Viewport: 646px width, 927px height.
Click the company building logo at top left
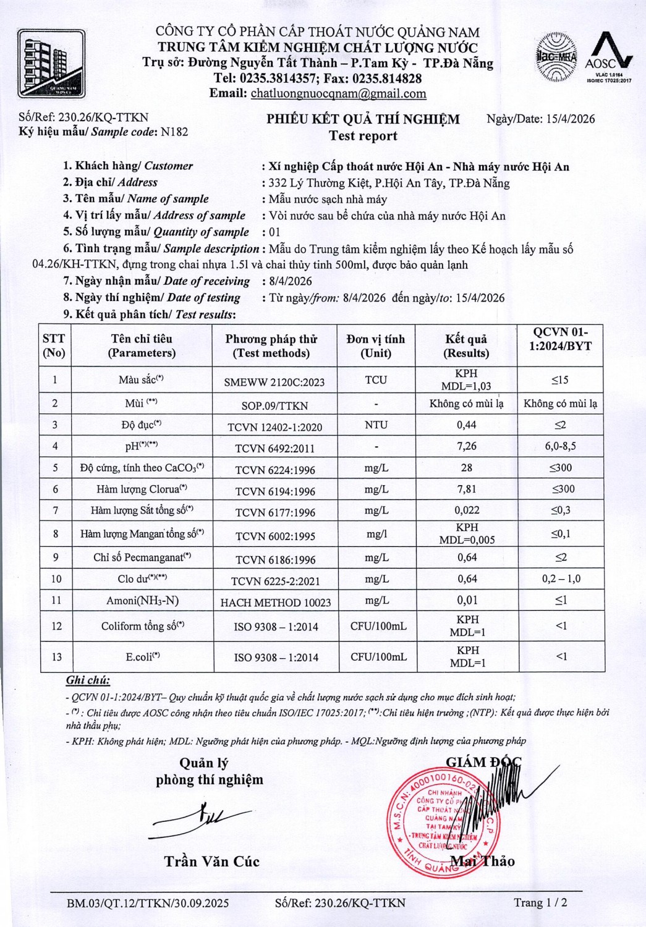tap(51, 64)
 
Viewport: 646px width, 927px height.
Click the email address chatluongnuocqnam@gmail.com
tap(338, 94)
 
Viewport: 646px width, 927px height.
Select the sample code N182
tap(174, 132)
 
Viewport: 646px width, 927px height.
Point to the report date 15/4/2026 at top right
tap(571, 119)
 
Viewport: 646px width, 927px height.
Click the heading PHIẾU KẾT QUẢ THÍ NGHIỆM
tap(363, 119)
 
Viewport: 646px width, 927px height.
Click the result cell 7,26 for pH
tap(467, 446)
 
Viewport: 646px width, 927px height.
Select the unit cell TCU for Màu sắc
tap(376, 379)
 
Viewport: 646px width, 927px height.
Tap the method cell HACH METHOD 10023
tap(276, 603)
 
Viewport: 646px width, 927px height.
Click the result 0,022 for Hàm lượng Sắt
tap(467, 510)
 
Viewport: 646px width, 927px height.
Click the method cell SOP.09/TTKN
tap(274, 405)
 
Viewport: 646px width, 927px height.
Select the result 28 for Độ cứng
tap(467, 468)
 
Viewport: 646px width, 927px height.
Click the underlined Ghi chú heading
tap(88, 680)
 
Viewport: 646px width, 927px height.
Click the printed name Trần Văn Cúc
tap(212, 861)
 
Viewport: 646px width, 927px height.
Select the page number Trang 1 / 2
tap(540, 902)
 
